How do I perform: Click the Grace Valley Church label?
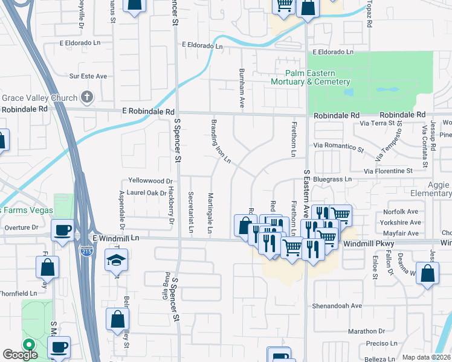[40, 98]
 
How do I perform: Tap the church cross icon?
[87, 97]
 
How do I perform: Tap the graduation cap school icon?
[114, 261]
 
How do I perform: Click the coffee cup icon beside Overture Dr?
[62, 230]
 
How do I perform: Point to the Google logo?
[20, 355]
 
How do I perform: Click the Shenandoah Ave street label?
[337, 306]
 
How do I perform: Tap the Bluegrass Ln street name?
[331, 179]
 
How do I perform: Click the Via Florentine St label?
[387, 171]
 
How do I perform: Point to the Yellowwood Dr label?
[150, 180]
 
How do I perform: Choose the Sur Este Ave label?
[88, 77]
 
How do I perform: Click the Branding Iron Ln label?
[220, 141]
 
